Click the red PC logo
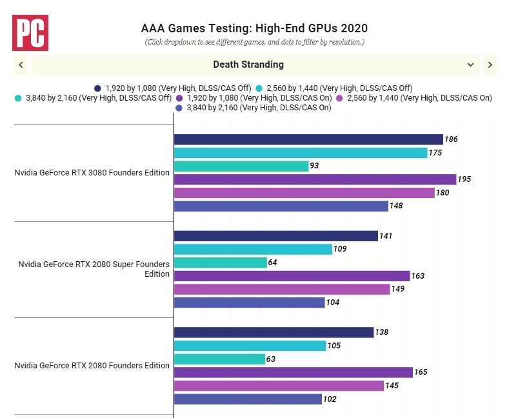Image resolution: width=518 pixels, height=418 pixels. [x=30, y=33]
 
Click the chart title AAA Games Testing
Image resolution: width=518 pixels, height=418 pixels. [x=254, y=28]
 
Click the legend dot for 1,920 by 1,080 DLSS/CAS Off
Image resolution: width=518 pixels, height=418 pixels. [x=97, y=88]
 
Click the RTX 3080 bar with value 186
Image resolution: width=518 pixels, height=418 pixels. [x=308, y=139]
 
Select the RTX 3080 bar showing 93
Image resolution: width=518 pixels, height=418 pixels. [x=241, y=166]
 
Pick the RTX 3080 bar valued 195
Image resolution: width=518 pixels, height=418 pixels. [x=314, y=179]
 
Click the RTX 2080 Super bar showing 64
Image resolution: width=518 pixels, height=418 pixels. [x=220, y=263]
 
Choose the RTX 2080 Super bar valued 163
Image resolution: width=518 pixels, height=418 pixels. [x=292, y=276]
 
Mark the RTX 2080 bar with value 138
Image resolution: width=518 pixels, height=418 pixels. [x=274, y=332]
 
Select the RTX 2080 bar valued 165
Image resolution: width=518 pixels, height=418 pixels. [x=293, y=372]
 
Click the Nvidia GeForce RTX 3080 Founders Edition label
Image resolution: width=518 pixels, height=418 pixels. [x=92, y=172]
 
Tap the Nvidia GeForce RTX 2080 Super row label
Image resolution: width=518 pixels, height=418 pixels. [x=94, y=269]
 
